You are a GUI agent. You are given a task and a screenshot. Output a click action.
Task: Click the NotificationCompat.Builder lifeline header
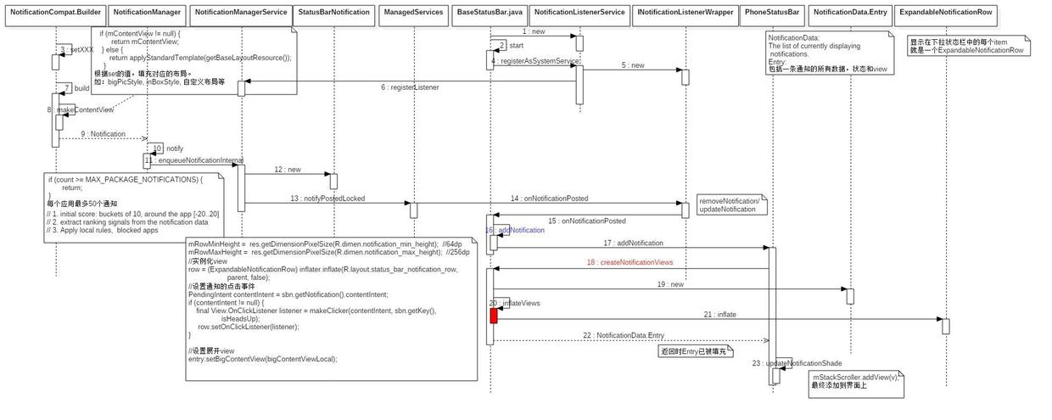pos(54,13)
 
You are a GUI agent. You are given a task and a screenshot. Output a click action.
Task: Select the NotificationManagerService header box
pos(240,13)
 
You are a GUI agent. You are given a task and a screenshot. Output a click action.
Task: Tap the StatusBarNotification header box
pos(334,13)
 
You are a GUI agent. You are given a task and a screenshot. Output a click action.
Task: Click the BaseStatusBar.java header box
pos(490,13)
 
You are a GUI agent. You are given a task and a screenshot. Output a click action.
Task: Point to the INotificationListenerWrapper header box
pos(685,13)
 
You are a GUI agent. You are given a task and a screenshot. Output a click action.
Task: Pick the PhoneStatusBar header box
pos(772,13)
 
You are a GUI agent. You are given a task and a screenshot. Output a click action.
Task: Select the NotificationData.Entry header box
pos(849,13)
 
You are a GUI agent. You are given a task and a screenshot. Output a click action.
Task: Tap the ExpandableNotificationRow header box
pos(946,13)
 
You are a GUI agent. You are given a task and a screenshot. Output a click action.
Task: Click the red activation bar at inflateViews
pos(494,316)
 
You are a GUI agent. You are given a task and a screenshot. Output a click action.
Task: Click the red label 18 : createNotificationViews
pos(629,262)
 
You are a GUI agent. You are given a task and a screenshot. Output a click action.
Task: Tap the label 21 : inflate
pos(719,314)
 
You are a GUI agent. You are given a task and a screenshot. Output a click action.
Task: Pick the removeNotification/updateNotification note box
pos(731,204)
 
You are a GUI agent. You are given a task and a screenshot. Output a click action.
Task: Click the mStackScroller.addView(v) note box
pos(855,381)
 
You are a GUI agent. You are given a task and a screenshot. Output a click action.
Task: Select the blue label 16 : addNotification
pos(515,230)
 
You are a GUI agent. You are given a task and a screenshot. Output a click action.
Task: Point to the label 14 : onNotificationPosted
pos(549,199)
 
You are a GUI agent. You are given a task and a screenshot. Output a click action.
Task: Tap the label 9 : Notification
pos(103,134)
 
